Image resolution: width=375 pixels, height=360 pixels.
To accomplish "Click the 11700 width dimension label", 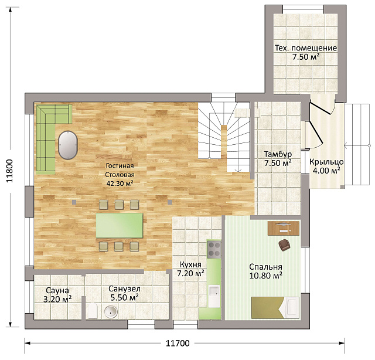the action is (178, 343).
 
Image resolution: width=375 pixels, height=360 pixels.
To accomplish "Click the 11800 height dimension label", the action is (9, 171).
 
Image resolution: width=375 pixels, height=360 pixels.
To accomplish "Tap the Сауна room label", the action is (57, 290).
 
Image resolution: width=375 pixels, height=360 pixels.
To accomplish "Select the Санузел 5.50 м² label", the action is (124, 293).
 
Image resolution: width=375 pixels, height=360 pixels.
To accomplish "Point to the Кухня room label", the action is (190, 264).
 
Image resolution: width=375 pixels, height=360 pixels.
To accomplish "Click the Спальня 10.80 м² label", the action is (265, 271).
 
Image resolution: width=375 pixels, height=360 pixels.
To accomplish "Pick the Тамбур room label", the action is (278, 154).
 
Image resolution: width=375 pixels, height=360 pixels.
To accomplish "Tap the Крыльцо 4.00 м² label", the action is (326, 166).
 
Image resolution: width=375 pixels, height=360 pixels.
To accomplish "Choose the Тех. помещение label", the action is (306, 48).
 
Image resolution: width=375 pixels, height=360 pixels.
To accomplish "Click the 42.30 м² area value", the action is (120, 184).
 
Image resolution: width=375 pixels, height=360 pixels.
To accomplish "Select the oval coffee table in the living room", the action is (68, 145).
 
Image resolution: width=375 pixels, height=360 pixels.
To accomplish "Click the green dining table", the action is (120, 226).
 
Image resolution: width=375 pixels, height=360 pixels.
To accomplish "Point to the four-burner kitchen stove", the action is (214, 249).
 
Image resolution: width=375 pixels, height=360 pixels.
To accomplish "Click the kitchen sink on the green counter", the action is (214, 296).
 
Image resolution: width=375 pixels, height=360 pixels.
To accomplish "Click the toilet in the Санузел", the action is (92, 311).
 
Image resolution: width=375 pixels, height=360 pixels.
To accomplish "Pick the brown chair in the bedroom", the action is (284, 245).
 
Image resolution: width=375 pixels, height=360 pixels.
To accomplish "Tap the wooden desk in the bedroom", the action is (284, 228).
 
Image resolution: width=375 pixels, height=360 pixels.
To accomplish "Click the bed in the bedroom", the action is (275, 308).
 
